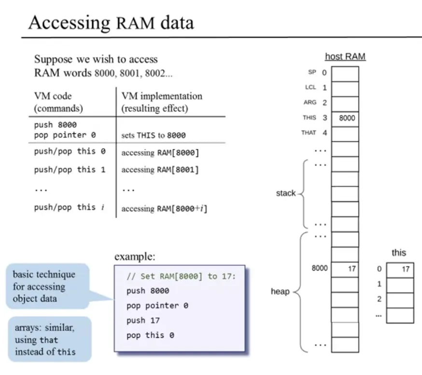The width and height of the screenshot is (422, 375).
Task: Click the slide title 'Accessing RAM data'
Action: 111,22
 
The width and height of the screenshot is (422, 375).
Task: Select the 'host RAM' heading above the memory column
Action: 345,57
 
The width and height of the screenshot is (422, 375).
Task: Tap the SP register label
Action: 312,72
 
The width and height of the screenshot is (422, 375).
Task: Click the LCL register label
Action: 310,87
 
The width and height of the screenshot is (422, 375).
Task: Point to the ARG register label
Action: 310,102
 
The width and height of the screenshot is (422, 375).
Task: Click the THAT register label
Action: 309,132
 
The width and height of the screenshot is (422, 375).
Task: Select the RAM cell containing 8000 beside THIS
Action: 345,118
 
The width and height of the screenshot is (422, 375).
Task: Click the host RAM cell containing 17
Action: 345,268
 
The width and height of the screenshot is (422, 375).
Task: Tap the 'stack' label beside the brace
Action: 285,193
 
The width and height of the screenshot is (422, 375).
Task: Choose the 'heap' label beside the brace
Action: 280,291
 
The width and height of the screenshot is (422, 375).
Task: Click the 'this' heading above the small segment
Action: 399,253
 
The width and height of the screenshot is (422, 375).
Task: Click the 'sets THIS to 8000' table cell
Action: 154,135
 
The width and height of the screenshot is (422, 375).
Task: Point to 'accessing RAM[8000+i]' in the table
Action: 164,209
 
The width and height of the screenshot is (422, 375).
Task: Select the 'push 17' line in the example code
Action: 143,320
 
